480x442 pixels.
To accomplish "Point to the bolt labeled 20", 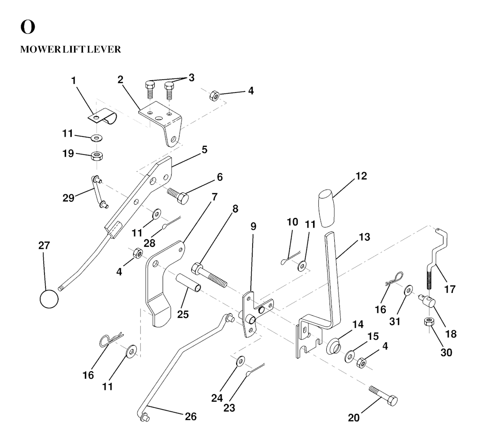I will click(x=383, y=395).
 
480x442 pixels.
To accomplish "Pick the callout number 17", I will click(x=450, y=290).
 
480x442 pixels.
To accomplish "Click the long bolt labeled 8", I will click(x=209, y=276).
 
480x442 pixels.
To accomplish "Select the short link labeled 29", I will click(x=99, y=191).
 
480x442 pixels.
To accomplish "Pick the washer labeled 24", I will click(x=240, y=361).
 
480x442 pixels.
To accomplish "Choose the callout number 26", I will click(x=191, y=416).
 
